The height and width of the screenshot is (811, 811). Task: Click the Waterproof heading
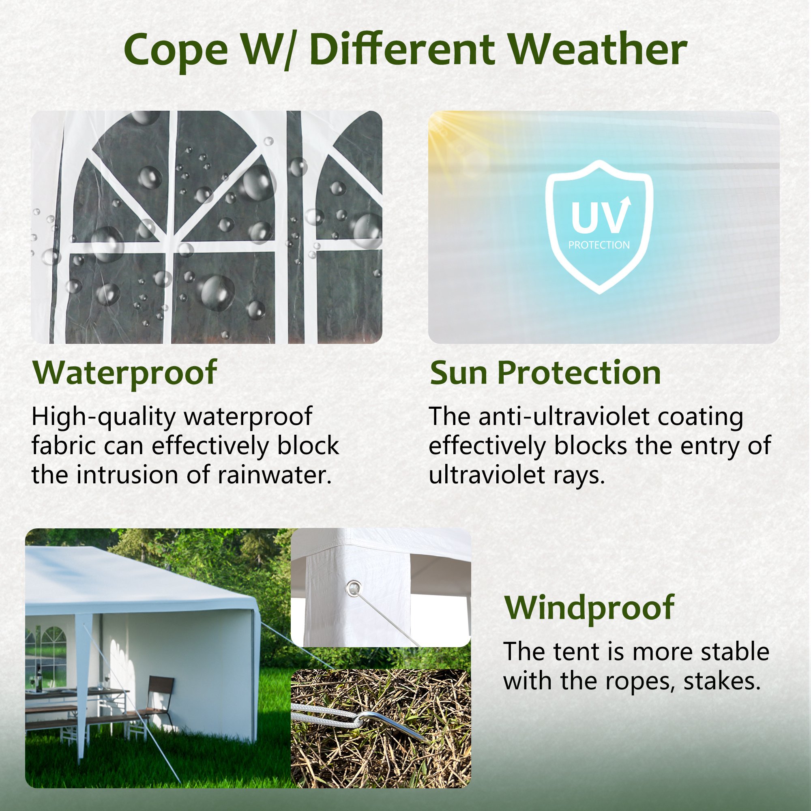pos(124,373)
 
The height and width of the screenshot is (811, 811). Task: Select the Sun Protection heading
pos(545,373)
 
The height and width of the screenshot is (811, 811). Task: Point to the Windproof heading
pos(589,608)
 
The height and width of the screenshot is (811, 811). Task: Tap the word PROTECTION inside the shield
pos(599,245)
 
